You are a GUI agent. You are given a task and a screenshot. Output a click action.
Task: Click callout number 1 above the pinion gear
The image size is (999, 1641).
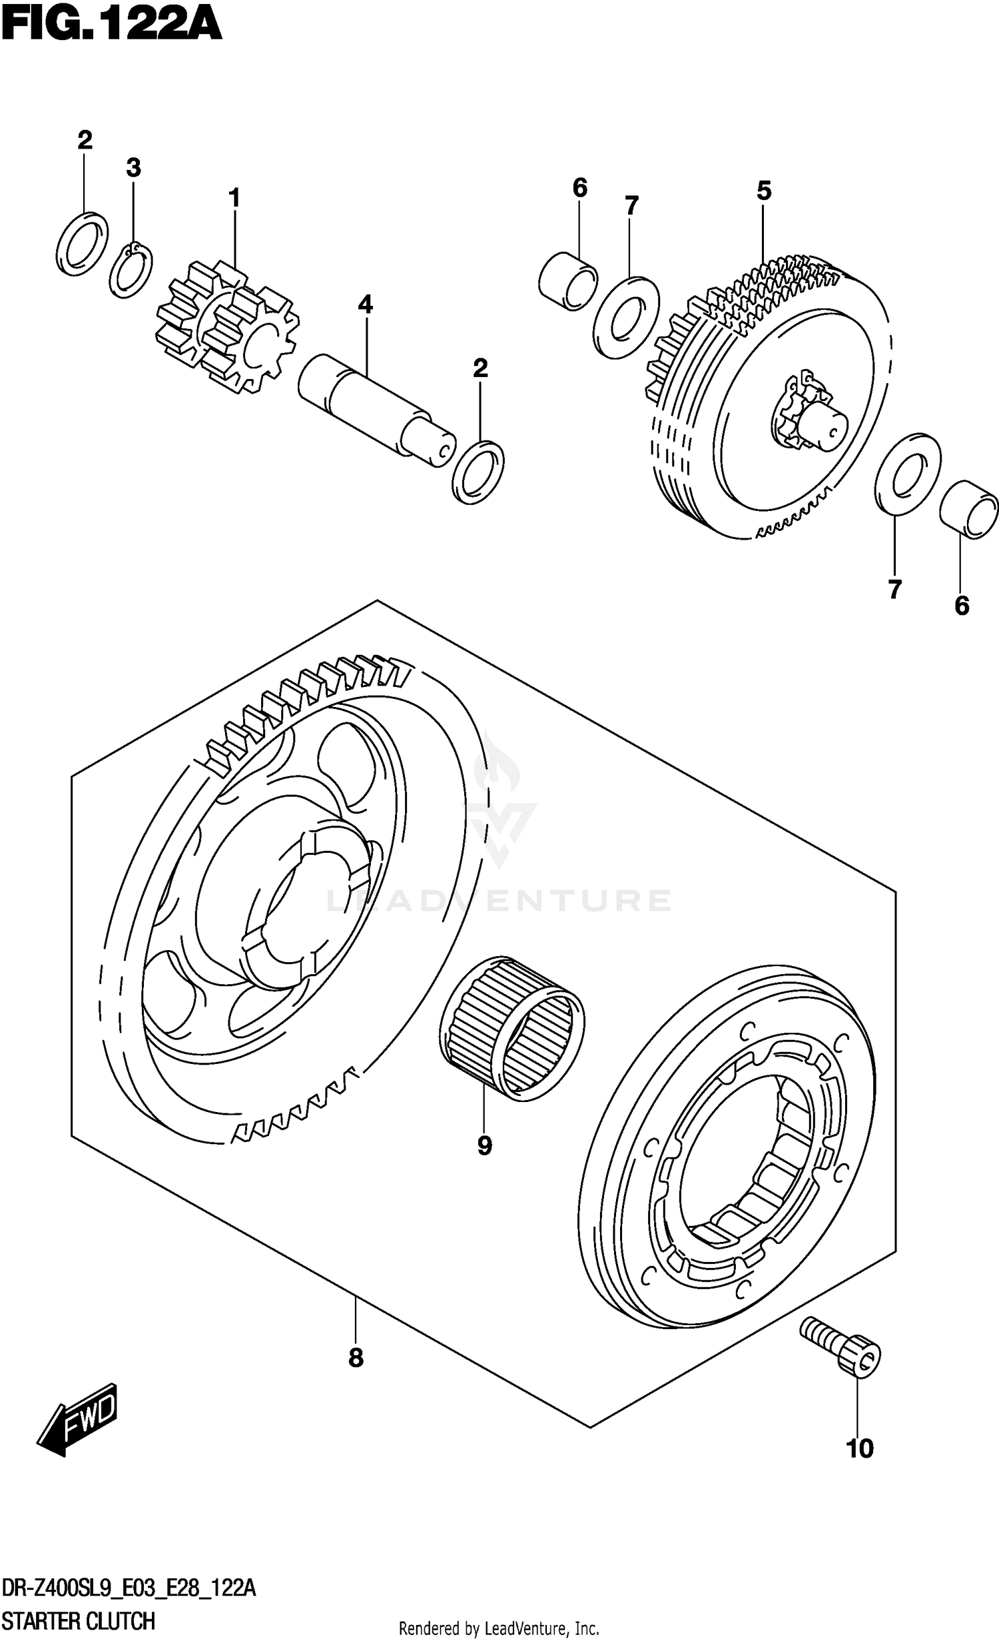[x=234, y=198]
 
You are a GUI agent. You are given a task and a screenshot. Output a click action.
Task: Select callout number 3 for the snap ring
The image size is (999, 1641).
[x=133, y=167]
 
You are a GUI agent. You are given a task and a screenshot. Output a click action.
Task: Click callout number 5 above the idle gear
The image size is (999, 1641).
[x=763, y=191]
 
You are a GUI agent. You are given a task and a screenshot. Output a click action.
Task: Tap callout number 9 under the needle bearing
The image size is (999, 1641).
[x=484, y=1145]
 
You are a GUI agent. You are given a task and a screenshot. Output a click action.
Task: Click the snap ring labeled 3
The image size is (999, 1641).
[x=131, y=270]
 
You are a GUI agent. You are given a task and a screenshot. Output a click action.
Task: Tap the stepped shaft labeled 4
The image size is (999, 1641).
[x=376, y=411]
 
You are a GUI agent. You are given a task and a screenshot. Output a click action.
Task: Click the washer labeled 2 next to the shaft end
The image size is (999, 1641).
[x=478, y=472]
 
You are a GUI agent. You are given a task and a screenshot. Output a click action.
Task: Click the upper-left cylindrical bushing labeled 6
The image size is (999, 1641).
[x=567, y=280]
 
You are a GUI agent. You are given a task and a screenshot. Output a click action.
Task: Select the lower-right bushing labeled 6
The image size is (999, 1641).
[x=969, y=510]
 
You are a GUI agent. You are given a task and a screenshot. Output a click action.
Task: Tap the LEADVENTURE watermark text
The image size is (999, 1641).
[x=498, y=901]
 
